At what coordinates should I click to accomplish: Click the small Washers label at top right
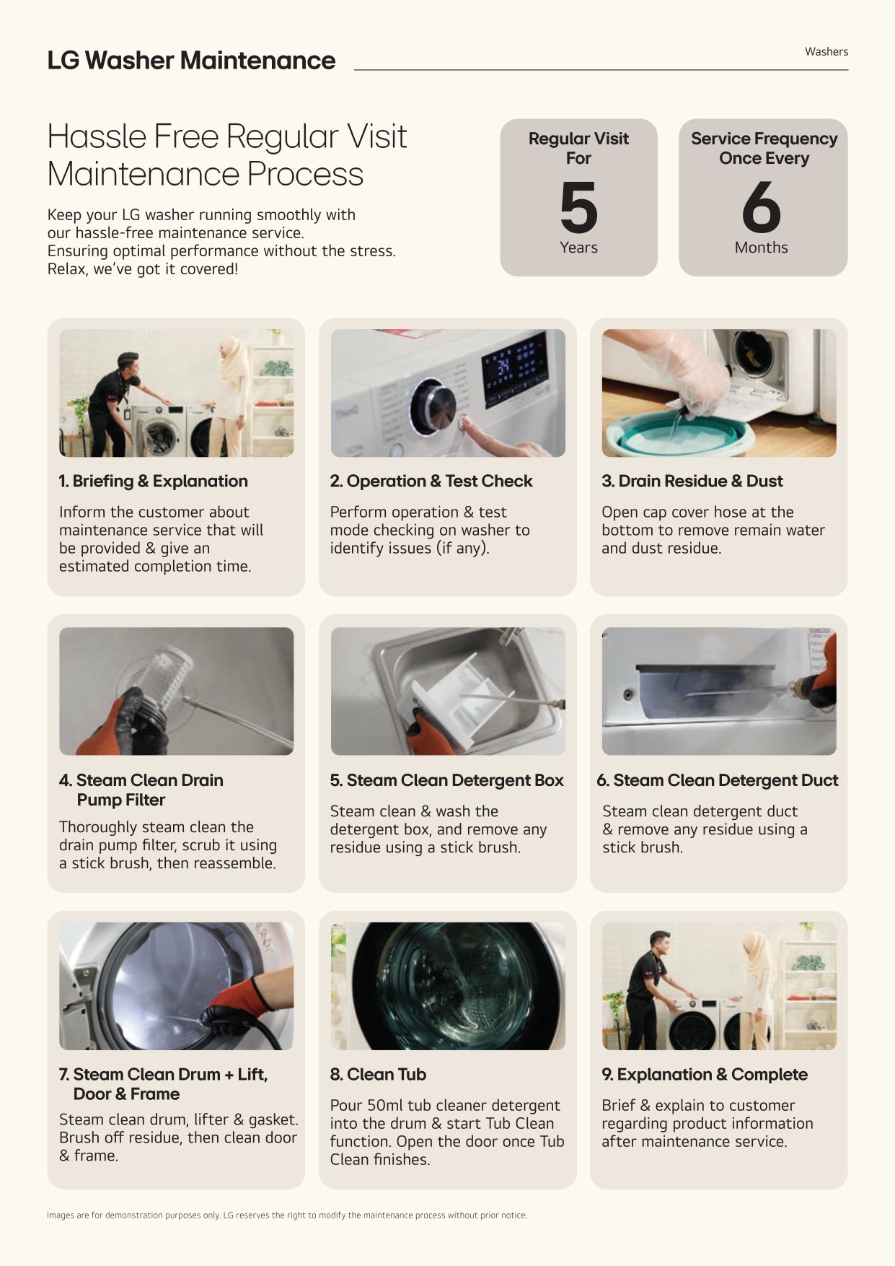[826, 52]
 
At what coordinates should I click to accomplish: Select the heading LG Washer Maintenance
[191, 61]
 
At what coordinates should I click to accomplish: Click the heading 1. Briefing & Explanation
[153, 481]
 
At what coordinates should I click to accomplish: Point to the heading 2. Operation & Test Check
[431, 481]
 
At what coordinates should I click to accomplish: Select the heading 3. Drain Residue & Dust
[692, 481]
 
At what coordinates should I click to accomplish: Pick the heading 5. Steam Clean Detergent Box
[447, 780]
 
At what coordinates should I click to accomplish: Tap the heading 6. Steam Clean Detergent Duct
[718, 780]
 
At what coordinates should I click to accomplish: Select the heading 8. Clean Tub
[378, 1075]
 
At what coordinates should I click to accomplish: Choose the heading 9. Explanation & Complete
[705, 1075]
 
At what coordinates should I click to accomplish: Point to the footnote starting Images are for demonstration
[287, 1215]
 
